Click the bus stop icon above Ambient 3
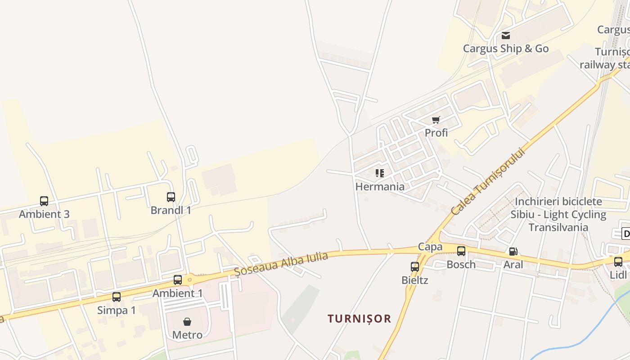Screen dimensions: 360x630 click(44, 201)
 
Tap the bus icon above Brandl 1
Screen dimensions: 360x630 click(171, 197)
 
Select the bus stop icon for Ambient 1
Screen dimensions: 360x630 click(178, 280)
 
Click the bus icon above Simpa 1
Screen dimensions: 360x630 click(117, 297)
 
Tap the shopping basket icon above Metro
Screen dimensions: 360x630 click(187, 322)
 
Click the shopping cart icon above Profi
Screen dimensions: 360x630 click(436, 120)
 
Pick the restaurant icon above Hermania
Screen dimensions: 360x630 click(379, 173)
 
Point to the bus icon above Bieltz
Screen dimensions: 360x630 click(415, 266)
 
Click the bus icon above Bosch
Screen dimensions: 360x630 click(461, 251)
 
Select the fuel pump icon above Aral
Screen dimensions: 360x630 click(513, 252)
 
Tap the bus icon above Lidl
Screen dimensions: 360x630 click(618, 261)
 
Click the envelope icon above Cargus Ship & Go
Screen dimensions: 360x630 click(506, 36)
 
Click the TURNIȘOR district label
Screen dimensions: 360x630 click(359, 319)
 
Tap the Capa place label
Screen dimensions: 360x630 click(430, 247)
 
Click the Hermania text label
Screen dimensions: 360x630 click(380, 186)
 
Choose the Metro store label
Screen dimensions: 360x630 click(187, 335)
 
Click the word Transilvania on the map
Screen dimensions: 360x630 click(558, 227)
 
